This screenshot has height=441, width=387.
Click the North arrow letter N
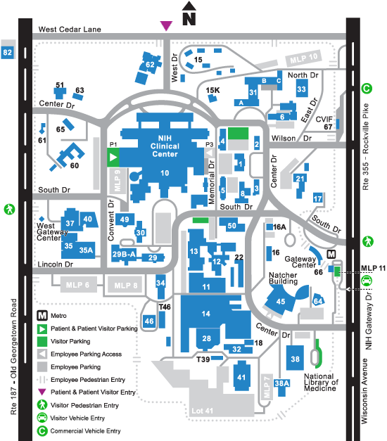click(x=189, y=19)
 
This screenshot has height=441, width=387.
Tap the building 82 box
click(x=8, y=52)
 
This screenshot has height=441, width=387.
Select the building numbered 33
click(x=302, y=89)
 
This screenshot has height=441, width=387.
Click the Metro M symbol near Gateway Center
click(x=331, y=254)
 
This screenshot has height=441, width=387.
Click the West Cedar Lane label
click(x=70, y=30)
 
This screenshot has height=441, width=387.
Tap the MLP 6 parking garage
click(x=78, y=285)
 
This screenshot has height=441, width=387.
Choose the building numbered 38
click(x=295, y=358)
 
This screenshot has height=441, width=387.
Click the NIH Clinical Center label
click(x=165, y=146)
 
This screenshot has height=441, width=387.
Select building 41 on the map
click(x=242, y=376)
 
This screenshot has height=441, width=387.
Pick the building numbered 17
click(x=318, y=198)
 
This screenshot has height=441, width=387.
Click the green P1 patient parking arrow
click(x=113, y=158)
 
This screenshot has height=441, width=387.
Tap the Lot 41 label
click(x=202, y=411)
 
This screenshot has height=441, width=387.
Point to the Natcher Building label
click(x=283, y=278)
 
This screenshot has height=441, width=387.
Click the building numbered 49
click(x=125, y=219)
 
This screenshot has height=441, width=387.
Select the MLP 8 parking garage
click(x=125, y=285)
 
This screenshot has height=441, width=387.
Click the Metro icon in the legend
click(x=42, y=316)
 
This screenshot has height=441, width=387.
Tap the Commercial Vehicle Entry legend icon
click(x=42, y=430)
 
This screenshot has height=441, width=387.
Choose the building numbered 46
click(x=149, y=321)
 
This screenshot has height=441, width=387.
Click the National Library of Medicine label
click(x=321, y=382)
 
